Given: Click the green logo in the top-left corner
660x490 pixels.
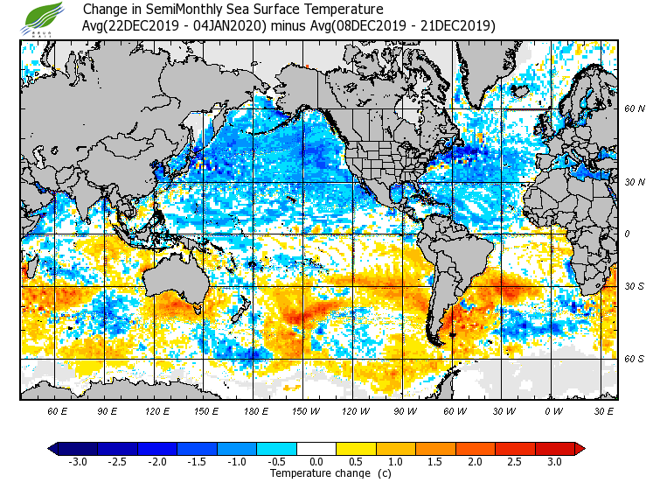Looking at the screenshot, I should coord(45,17).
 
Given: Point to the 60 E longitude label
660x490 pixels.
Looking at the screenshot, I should coord(58,410).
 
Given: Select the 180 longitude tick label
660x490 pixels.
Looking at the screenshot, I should coord(256,410).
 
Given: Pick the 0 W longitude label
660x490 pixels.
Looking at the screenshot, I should coord(553,410).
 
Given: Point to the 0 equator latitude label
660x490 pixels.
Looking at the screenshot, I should coord(627,234).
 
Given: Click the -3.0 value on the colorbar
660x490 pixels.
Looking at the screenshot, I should coord(78,462).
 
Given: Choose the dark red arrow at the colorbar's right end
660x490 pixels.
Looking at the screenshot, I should coord(579,449).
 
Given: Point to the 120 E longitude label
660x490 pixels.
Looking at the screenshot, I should coord(157,410).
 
